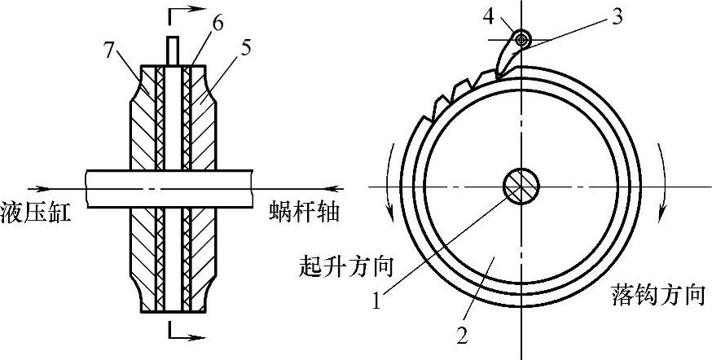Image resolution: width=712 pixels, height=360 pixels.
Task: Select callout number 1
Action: point(376,302)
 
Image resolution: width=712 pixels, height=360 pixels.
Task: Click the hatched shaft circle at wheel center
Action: point(521,186)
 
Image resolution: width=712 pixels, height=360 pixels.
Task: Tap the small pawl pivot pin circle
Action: point(521,38)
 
